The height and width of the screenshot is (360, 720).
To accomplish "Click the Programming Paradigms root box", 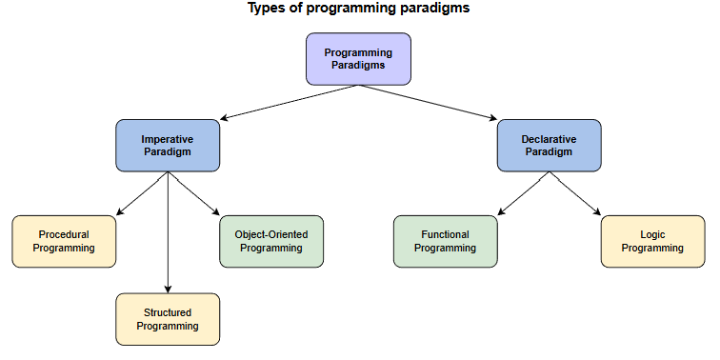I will click(358, 59).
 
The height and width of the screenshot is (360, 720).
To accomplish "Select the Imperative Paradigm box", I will click(168, 145).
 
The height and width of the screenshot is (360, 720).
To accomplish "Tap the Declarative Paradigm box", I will click(549, 145).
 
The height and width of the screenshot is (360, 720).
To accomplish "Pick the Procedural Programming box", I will click(64, 241).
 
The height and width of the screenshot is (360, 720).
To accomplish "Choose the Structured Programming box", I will click(168, 319).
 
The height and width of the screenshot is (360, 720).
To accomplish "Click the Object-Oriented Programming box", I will click(271, 241).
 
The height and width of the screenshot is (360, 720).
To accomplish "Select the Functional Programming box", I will click(445, 241).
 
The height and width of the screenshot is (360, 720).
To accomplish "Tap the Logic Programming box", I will click(652, 241).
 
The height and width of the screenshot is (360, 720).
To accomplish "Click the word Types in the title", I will click(267, 9).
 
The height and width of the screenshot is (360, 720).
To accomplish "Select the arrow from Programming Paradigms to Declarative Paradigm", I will click(429, 102).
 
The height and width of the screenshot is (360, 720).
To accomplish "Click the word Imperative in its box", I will click(168, 139).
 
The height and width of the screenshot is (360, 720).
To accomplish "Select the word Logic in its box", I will click(652, 234).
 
